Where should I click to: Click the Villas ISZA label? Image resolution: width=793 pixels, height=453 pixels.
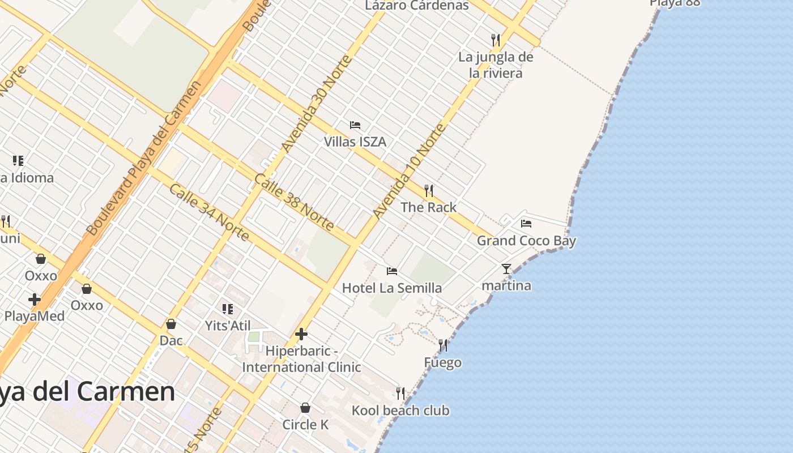[355, 142]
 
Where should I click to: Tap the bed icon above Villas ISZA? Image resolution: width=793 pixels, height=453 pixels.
[355, 125]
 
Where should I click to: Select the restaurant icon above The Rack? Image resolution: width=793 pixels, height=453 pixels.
[429, 191]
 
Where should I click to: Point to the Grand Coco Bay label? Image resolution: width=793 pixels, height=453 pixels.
[526, 241]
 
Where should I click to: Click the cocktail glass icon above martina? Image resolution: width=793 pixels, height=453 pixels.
[506, 269]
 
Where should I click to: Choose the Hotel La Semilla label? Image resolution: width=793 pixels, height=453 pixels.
[392, 288]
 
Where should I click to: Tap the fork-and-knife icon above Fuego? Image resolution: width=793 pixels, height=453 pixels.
[443, 345]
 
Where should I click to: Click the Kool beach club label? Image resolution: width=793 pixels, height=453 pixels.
[400, 410]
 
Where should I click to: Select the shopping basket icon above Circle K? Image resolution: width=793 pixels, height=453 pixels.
[305, 408]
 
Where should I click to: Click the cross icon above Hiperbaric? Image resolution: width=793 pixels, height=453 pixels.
[301, 334]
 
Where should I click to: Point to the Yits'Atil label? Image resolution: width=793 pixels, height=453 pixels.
[228, 325]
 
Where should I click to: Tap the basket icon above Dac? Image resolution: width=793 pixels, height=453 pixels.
[171, 324]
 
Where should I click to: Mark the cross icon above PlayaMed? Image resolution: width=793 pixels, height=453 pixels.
[35, 299]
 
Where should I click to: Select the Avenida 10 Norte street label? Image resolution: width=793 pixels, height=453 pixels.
[410, 172]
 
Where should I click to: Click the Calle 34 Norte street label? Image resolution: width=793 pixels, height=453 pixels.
[209, 212]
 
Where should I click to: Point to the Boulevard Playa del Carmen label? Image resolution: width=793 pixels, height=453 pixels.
[144, 159]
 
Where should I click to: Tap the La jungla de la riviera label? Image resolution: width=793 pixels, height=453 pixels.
[496, 65]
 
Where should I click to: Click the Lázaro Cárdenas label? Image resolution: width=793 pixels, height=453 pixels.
[417, 6]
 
